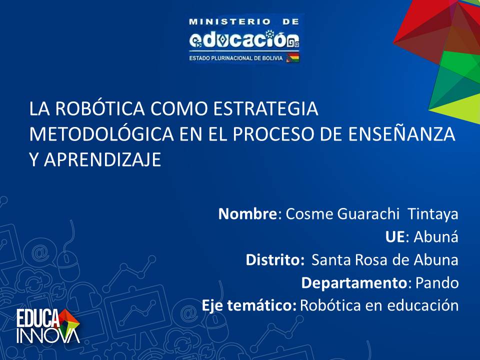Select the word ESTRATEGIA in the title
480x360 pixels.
(x=265, y=108)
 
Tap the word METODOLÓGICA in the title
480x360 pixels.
(x=101, y=134)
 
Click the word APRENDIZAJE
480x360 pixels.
(x=102, y=159)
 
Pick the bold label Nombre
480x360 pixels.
(x=247, y=213)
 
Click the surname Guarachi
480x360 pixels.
(x=368, y=213)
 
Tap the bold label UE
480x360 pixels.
(x=395, y=237)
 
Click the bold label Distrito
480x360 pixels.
(x=273, y=259)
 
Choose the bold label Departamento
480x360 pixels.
(x=354, y=283)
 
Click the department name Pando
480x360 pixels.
(x=437, y=283)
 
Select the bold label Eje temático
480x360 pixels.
(x=248, y=305)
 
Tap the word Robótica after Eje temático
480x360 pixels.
(x=330, y=305)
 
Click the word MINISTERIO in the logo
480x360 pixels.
(x=230, y=21)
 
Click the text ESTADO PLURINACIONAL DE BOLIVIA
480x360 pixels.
(x=236, y=58)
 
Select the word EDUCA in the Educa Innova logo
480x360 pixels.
(x=38, y=318)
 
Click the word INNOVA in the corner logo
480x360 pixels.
(x=48, y=335)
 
